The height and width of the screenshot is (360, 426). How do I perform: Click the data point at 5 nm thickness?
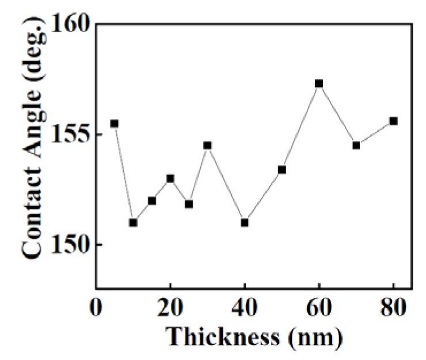(x=114, y=123)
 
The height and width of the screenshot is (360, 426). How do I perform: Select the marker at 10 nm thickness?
(x=133, y=222)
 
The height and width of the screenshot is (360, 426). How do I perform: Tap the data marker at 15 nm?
(x=152, y=200)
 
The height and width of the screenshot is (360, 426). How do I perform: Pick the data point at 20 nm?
(x=170, y=179)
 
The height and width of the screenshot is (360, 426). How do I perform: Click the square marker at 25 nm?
(x=189, y=204)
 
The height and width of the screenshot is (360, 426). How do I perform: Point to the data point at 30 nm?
(x=207, y=145)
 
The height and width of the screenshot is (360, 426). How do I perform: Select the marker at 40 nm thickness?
(x=245, y=222)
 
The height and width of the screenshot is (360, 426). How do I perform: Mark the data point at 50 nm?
(x=282, y=169)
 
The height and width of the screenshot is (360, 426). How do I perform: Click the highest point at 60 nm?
(x=319, y=84)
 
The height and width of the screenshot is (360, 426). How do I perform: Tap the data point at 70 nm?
(x=356, y=145)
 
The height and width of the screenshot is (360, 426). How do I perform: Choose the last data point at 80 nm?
(x=394, y=121)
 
